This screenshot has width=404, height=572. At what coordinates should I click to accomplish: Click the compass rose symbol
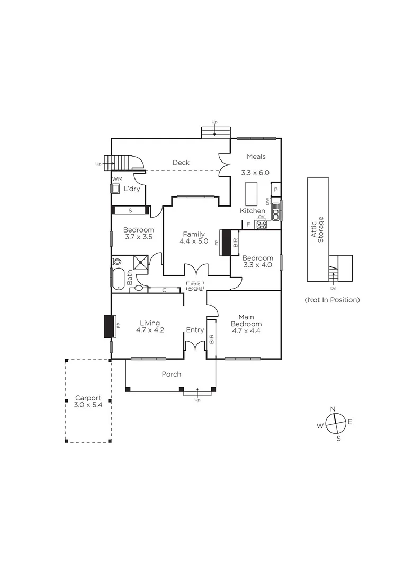[x=334, y=423]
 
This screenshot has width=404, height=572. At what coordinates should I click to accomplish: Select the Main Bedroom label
[x=246, y=324]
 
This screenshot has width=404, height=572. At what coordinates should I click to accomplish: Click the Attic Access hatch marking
[x=195, y=286]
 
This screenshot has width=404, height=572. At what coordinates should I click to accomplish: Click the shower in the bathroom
[x=141, y=261]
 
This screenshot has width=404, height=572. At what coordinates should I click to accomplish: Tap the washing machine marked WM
[x=115, y=189]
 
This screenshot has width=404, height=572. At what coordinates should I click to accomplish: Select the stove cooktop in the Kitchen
[x=262, y=225]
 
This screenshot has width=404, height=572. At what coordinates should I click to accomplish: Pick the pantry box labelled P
[x=276, y=190]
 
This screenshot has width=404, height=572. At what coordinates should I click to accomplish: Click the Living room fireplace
[x=110, y=326]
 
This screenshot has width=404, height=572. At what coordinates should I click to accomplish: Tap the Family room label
[x=194, y=238]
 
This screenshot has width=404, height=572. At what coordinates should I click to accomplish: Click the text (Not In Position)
[x=332, y=300]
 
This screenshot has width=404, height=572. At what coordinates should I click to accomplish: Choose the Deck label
[x=181, y=163]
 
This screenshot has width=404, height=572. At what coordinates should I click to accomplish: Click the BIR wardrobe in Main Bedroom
[x=211, y=339]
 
